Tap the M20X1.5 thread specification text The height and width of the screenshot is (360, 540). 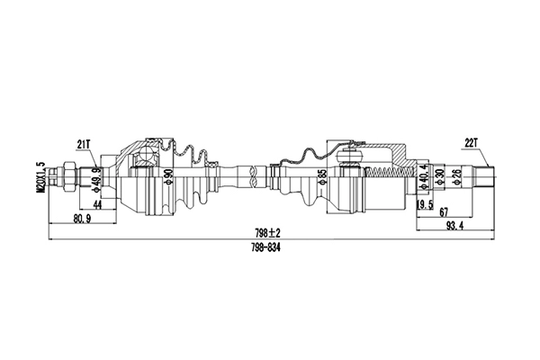pos(40,176)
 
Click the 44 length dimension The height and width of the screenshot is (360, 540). pos(96,206)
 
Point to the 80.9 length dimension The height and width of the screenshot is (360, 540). pos(80,218)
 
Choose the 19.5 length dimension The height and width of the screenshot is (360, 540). pos(424,204)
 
